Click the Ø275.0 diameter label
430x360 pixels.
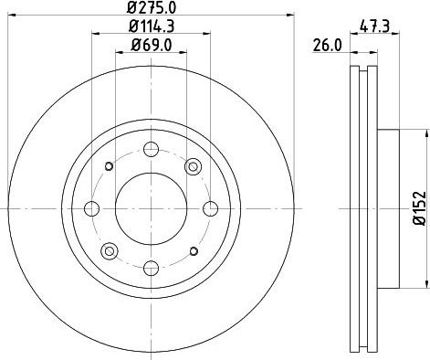[x=152, y=7]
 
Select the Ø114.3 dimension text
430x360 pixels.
[x=152, y=26]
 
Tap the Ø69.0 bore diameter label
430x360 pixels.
[x=152, y=46]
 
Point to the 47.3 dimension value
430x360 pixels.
[x=374, y=26]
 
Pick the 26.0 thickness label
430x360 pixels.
[x=328, y=46]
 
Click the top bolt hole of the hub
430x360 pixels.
[x=152, y=149]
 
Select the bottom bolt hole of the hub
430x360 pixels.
[x=152, y=269]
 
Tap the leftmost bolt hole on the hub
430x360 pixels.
[x=91, y=208]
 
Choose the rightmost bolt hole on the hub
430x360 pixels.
[x=211, y=208]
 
